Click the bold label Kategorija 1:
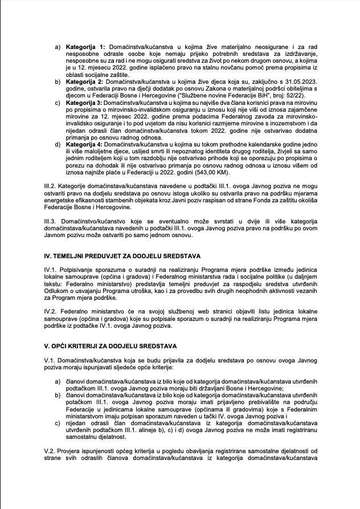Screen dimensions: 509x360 pyautogui.click(x=85, y=46)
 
